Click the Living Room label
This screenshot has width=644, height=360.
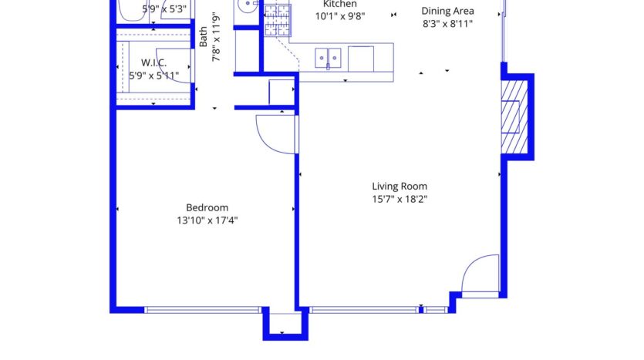click(399, 186)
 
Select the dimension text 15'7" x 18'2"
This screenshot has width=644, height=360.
click(399, 199)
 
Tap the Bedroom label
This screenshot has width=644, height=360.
click(207, 207)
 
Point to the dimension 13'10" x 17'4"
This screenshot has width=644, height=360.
click(207, 220)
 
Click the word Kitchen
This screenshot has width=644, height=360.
click(339, 4)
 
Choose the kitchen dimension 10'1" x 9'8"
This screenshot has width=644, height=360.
click(339, 15)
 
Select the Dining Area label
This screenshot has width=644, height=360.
click(447, 12)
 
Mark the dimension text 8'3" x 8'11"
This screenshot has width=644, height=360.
click(447, 24)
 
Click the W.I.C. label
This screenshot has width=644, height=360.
click(154, 62)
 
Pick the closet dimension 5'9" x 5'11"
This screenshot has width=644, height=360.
click(154, 76)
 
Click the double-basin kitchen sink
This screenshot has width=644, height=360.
click(328, 56)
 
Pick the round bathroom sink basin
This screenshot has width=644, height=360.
click(247, 6)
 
